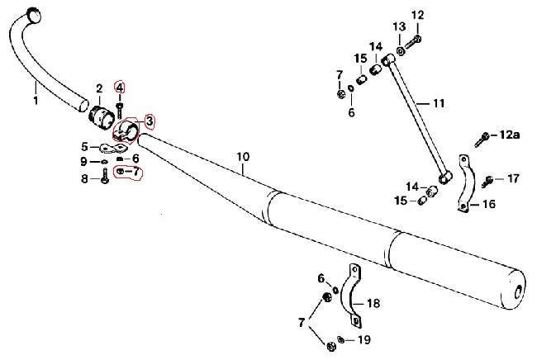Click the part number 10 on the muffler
[242, 155]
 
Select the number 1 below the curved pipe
[35, 102]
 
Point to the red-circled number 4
[120, 88]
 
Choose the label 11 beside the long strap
[438, 103]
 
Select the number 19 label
[365, 340]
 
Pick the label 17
[513, 178]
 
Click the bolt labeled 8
[106, 176]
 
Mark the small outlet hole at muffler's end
[518, 290]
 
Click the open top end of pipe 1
[35, 13]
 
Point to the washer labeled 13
[401, 51]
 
